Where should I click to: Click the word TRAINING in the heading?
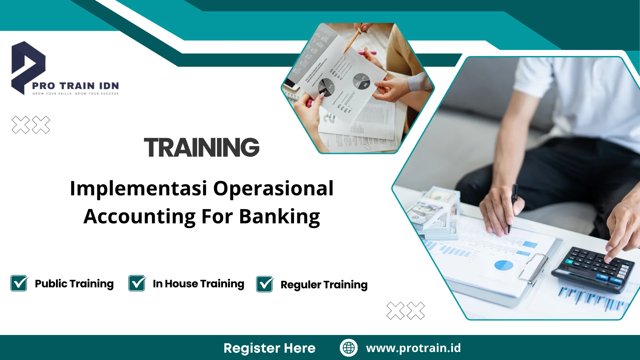coord(201,148)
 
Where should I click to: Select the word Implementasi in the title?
coord(138,189)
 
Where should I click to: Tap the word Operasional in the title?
coord(273,189)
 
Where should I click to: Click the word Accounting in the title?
coord(139,217)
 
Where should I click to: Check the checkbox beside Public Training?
coord(19,283)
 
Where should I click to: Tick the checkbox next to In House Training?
coord(137,283)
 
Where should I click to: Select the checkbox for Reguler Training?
coord(265,284)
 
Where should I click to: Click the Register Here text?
coord(269,348)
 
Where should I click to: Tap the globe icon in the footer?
coord(349,348)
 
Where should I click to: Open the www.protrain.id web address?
coord(413,348)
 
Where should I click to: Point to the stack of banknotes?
coord(433,213)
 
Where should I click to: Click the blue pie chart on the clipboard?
coord(504,265)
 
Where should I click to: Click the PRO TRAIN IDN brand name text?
coord(75,86)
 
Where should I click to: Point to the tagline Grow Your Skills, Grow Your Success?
coord(75,94)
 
